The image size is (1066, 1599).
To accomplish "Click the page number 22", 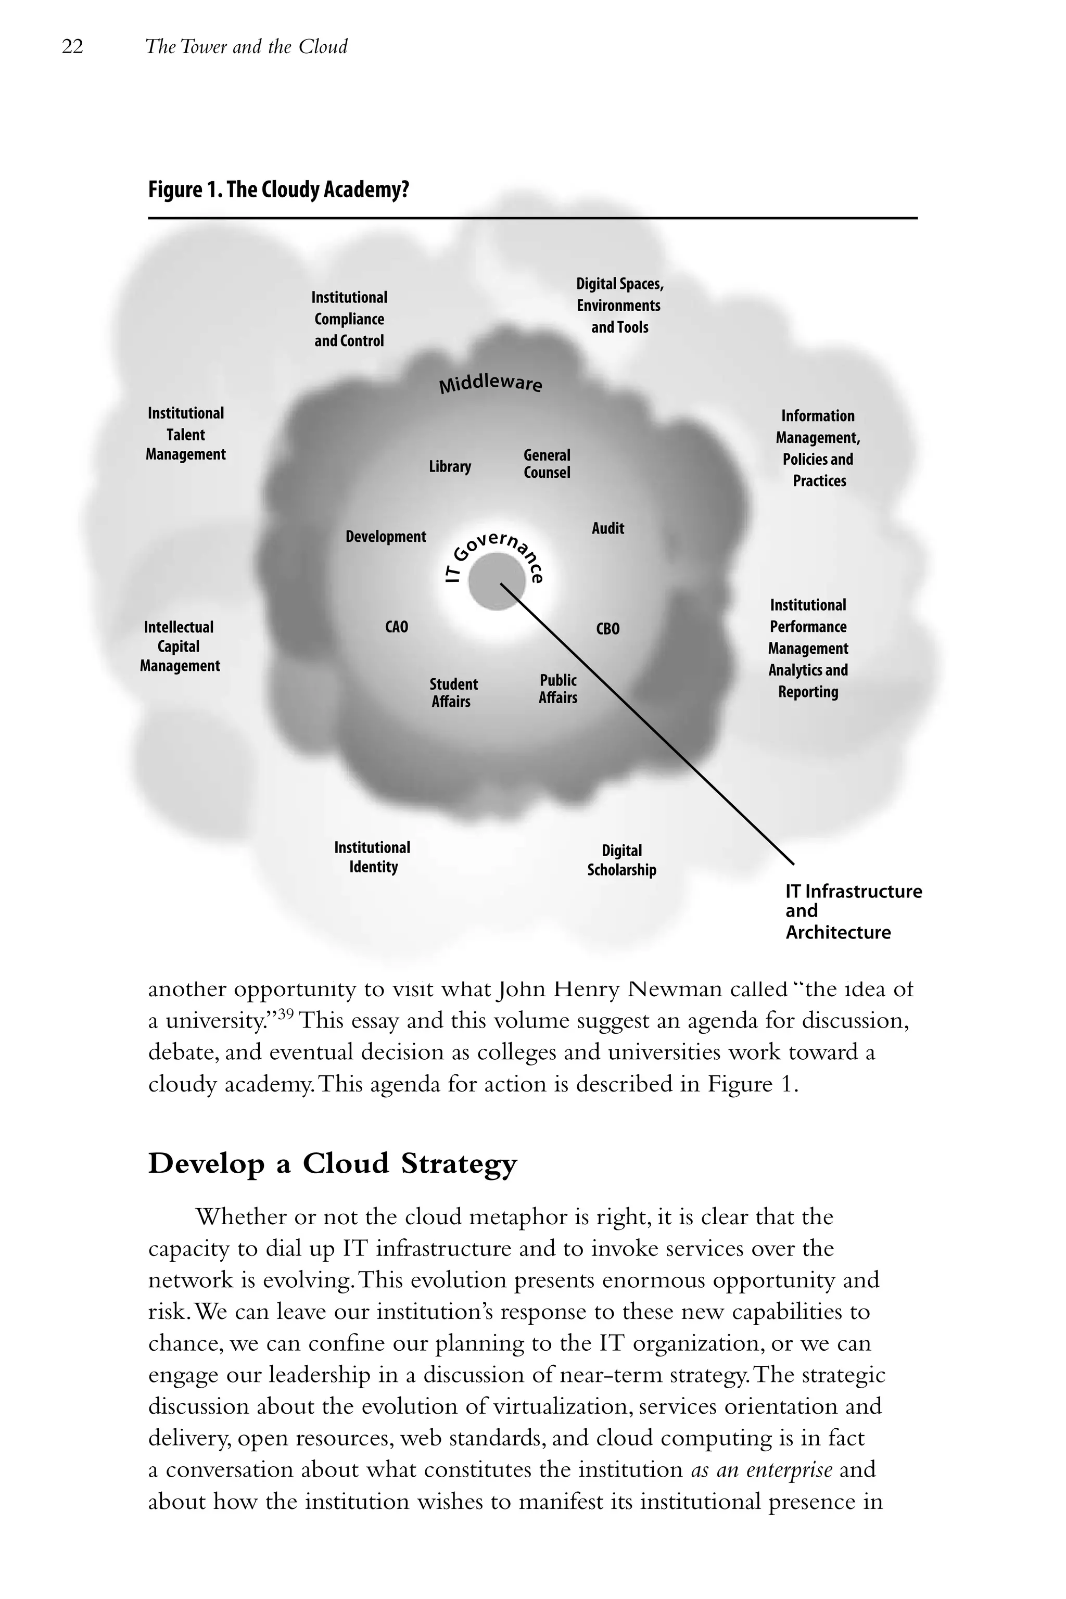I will pos(73,47).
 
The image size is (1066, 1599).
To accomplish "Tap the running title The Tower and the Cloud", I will pos(246,47).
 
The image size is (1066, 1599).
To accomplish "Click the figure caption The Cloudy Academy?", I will pos(279,189).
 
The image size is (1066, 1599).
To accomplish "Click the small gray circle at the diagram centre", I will pos(496,581).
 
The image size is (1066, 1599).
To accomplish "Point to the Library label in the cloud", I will pos(449,466).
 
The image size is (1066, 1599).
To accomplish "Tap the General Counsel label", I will pos(547,464).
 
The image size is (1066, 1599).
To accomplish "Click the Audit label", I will pos(607,528).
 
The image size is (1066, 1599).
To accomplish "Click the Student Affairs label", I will pos(453,693).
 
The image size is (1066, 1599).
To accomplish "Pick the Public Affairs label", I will pos(557,689).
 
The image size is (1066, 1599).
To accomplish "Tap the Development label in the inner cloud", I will pos(386,537).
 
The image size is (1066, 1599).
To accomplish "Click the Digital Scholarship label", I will pos(621,860).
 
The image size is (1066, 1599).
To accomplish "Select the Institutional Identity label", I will pos(373,857).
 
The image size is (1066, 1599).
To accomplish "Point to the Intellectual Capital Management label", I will pos(180,646).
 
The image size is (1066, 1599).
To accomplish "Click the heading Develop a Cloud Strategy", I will pos(333,1163).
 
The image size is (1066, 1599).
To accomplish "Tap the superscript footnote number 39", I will pos(286,1013).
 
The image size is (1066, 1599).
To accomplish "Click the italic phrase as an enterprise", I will pos(762,1470).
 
